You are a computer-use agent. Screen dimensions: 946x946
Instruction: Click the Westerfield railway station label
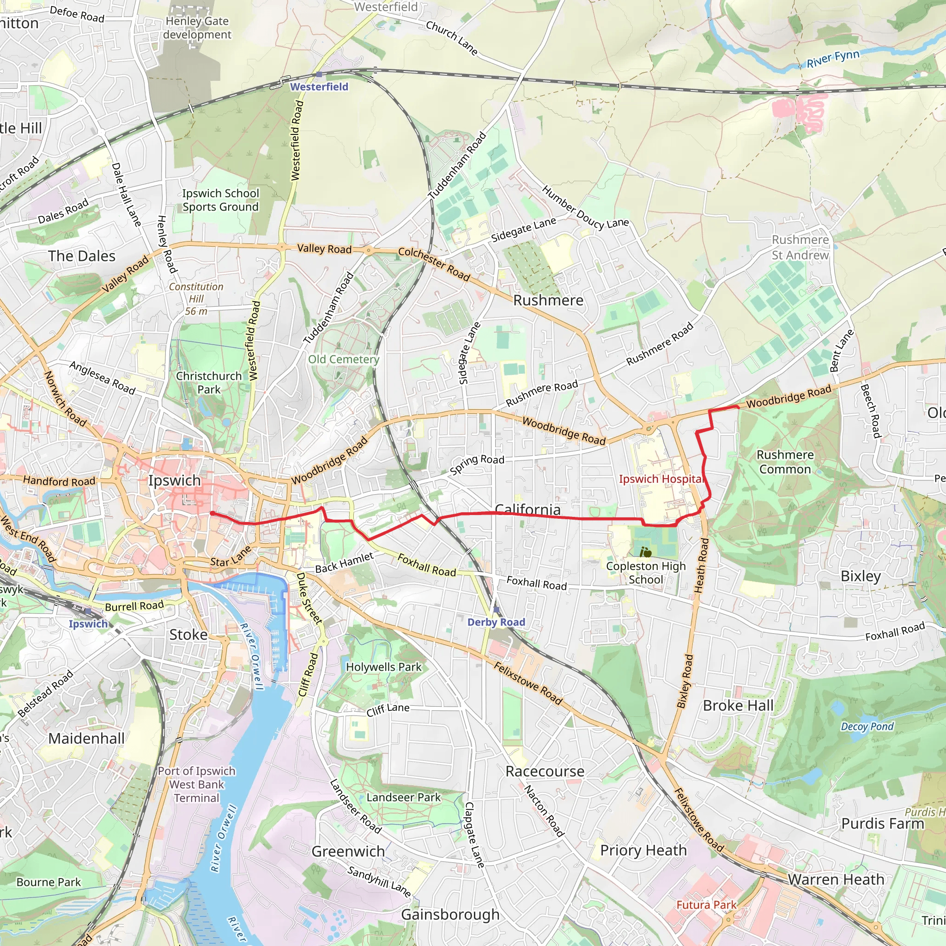tap(319, 87)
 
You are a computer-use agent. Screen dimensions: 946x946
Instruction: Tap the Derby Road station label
tap(496, 622)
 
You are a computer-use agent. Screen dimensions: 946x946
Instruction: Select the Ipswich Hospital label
tap(661, 479)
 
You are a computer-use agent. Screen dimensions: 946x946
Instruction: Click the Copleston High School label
tap(645, 573)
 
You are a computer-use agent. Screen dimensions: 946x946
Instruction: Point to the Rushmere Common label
tap(785, 462)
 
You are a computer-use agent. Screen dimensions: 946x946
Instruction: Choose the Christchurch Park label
tap(209, 382)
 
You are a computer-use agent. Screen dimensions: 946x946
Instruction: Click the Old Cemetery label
tap(343, 359)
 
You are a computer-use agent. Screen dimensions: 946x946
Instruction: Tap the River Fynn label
tap(833, 59)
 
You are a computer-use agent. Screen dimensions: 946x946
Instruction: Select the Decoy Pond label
tap(867, 726)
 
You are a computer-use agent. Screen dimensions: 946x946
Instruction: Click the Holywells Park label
tap(383, 667)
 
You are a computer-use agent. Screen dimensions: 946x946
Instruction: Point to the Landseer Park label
tap(403, 797)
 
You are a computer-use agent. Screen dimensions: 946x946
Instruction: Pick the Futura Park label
tap(706, 905)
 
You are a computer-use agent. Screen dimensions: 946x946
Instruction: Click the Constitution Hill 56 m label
tap(196, 299)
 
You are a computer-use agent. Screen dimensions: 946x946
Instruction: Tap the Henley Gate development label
tap(197, 28)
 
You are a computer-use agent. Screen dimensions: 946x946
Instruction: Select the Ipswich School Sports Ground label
tap(220, 200)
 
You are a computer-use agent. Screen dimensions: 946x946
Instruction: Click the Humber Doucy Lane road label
tap(585, 207)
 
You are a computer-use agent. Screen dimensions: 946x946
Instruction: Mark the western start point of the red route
tap(212, 513)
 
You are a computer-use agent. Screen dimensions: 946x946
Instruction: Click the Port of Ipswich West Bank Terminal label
tap(196, 784)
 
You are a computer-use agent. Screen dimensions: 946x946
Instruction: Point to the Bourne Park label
tap(49, 882)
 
